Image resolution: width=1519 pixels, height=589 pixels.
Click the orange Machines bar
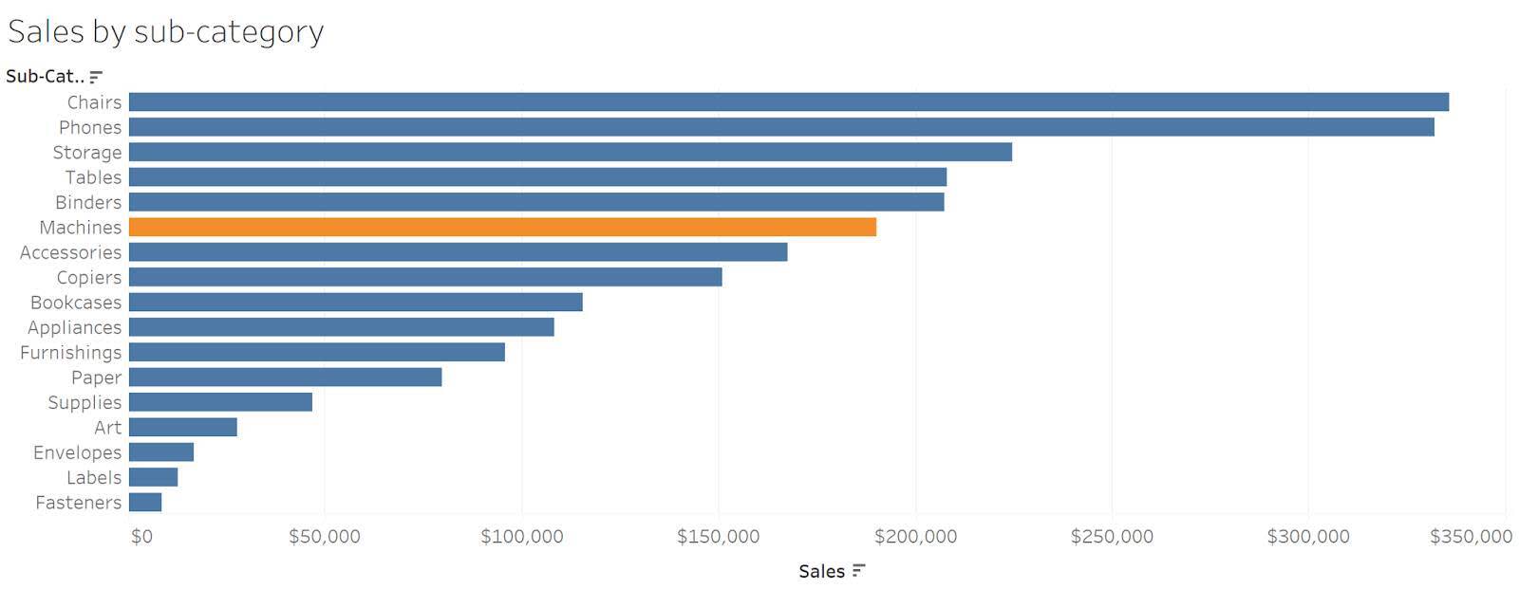point(501,228)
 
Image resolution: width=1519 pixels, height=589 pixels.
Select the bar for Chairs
point(788,102)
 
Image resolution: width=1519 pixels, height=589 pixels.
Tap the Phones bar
point(780,127)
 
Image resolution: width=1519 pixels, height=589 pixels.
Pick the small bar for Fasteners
point(145,503)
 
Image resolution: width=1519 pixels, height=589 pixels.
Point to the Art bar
point(182,428)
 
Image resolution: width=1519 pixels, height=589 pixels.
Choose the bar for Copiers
point(424,278)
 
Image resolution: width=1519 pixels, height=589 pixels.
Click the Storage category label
point(87,153)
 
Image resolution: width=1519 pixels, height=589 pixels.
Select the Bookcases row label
point(76,303)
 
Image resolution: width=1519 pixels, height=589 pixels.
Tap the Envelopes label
point(77,453)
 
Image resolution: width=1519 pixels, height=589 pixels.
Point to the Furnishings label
point(71,353)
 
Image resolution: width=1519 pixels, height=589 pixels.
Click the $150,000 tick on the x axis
point(718,537)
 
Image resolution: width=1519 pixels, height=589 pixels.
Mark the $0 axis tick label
point(141,537)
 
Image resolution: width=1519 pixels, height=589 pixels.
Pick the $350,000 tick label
point(1470,537)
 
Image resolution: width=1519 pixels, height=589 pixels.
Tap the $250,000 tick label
point(1111,537)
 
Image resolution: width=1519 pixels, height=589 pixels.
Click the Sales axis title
point(821,571)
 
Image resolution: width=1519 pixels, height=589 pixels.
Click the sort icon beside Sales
point(858,571)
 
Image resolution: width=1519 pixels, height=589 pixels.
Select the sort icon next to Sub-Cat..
point(96,77)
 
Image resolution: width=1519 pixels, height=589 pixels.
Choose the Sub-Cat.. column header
point(44,77)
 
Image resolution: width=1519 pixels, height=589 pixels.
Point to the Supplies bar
point(220,403)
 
